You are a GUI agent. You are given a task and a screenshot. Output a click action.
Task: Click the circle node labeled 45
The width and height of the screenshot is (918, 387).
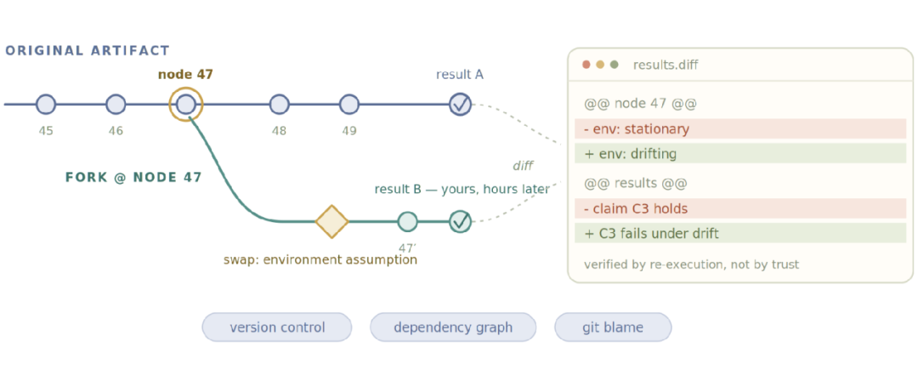click(x=46, y=105)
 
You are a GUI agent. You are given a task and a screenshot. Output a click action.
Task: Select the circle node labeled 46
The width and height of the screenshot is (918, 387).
click(x=116, y=105)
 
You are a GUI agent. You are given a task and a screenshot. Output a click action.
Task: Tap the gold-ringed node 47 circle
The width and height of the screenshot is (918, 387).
click(x=185, y=105)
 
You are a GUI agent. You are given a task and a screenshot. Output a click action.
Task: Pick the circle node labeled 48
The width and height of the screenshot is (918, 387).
click(x=280, y=105)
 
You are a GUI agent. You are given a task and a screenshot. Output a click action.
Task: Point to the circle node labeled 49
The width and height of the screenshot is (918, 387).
click(x=349, y=105)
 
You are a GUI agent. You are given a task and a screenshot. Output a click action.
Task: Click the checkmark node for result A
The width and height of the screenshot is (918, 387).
click(x=461, y=105)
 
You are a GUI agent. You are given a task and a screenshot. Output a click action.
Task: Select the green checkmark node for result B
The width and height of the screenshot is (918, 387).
click(x=461, y=222)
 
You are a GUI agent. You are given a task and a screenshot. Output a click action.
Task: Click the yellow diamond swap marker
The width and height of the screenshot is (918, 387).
click(x=332, y=222)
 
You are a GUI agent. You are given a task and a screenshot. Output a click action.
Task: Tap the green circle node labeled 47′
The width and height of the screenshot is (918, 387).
click(x=407, y=222)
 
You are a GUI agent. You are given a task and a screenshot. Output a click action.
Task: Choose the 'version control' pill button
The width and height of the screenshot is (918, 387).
click(x=277, y=327)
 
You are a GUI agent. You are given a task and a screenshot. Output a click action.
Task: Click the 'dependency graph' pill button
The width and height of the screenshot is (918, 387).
click(x=453, y=327)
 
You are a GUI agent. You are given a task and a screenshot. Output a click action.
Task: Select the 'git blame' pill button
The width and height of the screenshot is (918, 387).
click(x=613, y=327)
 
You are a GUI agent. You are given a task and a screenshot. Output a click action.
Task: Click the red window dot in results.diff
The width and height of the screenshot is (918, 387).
click(x=586, y=65)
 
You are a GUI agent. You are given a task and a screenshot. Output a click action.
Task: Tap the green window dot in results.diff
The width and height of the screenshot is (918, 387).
click(x=615, y=65)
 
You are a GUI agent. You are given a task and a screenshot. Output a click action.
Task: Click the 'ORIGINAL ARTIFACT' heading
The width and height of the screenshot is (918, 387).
click(x=88, y=50)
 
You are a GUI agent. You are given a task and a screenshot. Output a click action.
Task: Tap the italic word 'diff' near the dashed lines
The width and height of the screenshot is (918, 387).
click(x=523, y=166)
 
